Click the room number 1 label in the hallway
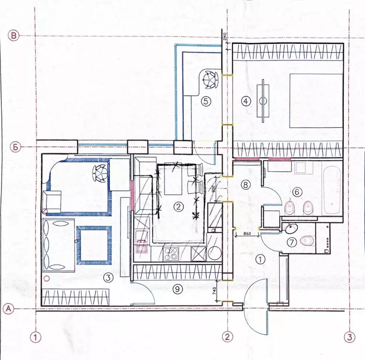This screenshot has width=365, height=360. click(260, 258)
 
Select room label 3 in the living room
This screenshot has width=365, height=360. click(108, 278)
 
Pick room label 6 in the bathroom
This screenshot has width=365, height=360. click(296, 191)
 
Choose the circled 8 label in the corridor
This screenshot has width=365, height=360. click(245, 184)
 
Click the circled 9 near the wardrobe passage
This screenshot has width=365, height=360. click(177, 290)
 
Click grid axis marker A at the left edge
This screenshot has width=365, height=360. click(8, 309)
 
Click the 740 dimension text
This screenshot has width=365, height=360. click(213, 291)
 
